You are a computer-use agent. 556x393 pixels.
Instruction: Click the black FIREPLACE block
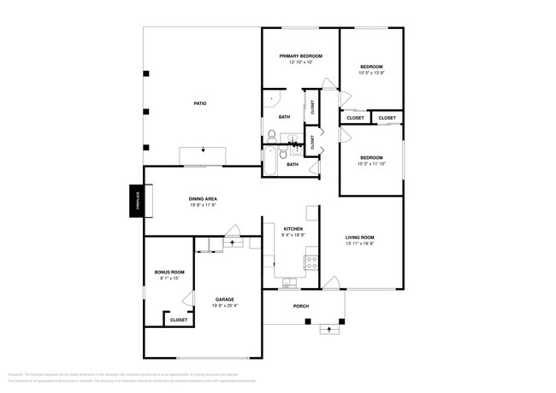136,202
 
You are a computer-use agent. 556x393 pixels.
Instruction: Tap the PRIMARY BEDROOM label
300,56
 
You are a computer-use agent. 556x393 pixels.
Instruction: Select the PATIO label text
199,103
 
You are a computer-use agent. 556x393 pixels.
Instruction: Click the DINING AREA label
203,199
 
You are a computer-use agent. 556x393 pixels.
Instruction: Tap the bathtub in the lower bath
270,161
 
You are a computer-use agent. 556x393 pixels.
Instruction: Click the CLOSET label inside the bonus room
179,320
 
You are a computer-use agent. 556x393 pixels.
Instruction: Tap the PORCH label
300,306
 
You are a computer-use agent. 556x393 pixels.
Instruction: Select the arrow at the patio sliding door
204,151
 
